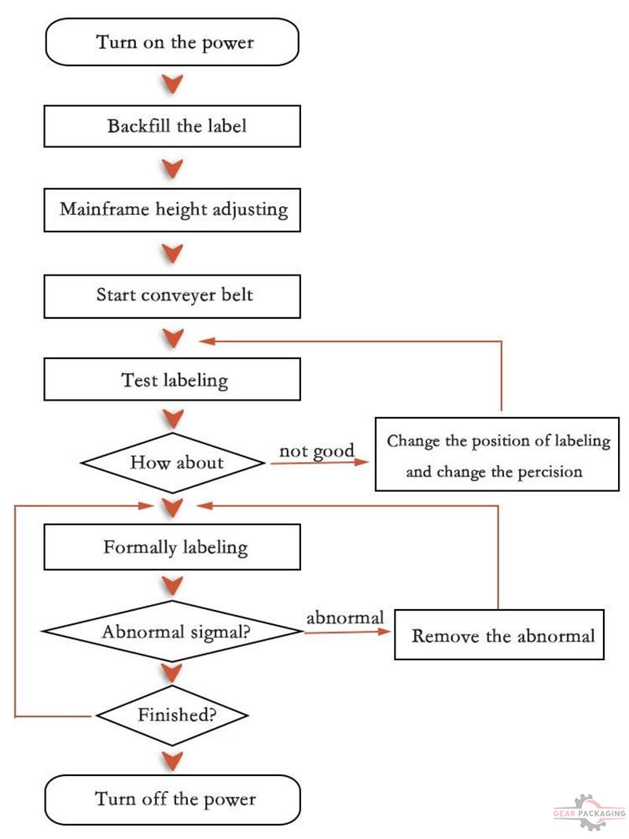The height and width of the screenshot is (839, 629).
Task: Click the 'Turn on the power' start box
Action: pyautogui.click(x=172, y=43)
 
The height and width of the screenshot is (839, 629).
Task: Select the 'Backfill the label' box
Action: pyautogui.click(x=172, y=126)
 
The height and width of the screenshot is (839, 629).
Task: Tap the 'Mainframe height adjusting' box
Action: pyautogui.click(x=172, y=209)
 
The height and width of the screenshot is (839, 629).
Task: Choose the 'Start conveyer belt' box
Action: pyautogui.click(x=172, y=296)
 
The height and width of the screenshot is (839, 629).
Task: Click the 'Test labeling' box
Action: pyautogui.click(x=172, y=379)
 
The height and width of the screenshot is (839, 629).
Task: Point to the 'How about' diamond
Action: pyautogui.click(x=173, y=463)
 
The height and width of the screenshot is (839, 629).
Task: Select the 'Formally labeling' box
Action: pyautogui.click(x=172, y=547)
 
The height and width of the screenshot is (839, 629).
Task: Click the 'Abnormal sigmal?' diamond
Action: pyautogui.click(x=173, y=631)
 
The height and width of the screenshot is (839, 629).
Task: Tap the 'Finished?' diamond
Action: pyautogui.click(x=173, y=715)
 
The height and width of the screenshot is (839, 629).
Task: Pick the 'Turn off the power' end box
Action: pyautogui.click(x=173, y=800)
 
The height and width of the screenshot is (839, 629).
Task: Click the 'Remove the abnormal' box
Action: pyautogui.click(x=499, y=634)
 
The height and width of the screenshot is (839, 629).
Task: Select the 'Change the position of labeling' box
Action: pyautogui.click(x=497, y=454)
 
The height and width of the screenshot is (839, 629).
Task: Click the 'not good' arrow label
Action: pyautogui.click(x=317, y=452)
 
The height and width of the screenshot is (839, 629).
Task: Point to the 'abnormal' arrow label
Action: pyautogui.click(x=344, y=618)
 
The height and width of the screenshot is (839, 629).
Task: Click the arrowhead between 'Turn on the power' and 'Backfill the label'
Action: pyautogui.click(x=172, y=84)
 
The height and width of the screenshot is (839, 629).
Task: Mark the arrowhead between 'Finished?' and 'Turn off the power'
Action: pyautogui.click(x=172, y=761)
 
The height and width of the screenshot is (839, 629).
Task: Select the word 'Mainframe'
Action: pyautogui.click(x=105, y=209)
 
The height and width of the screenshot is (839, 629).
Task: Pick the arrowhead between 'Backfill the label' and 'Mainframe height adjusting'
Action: pyautogui.click(x=172, y=168)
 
